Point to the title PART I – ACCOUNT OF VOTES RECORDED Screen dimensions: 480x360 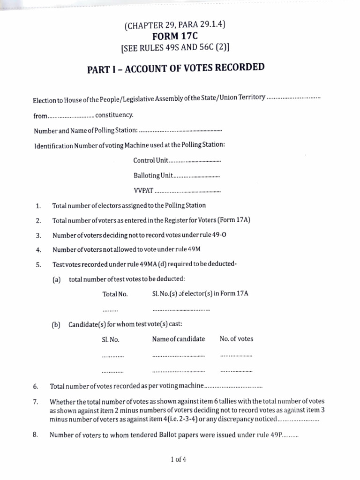176,68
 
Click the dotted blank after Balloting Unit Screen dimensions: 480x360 197,176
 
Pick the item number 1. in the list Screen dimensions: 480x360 38,206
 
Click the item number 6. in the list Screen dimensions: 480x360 36,387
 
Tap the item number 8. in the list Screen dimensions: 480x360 36,435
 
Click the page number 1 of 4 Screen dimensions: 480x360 180,459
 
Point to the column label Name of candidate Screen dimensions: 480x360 179,339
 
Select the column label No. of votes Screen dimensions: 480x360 236,339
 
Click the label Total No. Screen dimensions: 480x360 115,294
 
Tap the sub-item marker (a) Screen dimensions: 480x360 57,279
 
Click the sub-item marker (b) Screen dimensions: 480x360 57,324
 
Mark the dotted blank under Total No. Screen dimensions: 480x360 110,310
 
